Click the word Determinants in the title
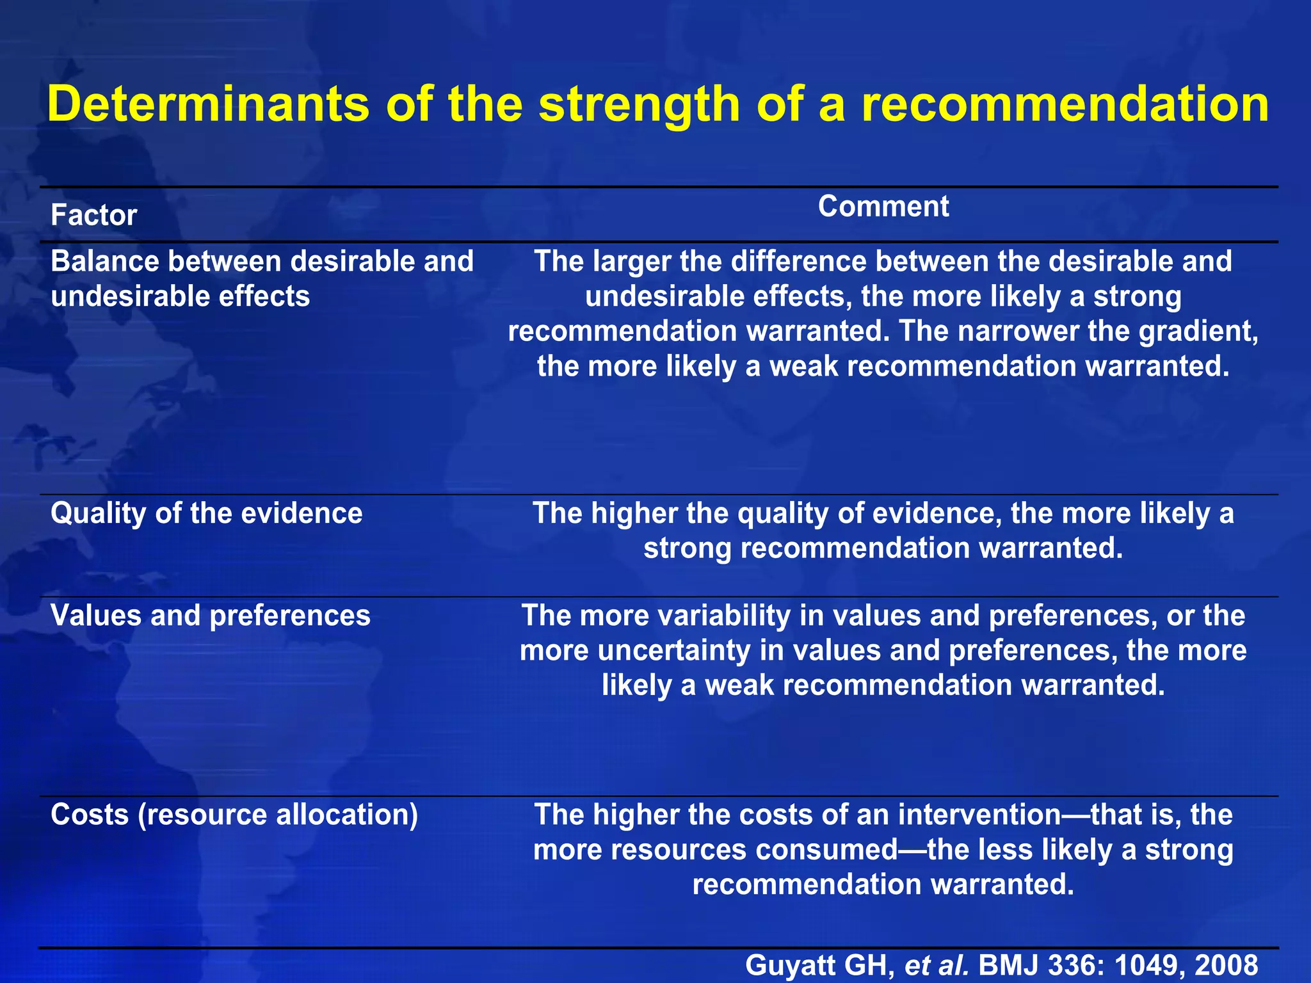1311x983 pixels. tap(209, 104)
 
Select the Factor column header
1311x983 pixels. tap(93, 215)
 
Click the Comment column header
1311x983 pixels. tap(883, 206)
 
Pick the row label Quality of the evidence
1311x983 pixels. tap(206, 513)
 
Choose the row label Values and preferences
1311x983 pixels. tap(210, 616)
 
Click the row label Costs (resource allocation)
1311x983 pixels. tap(234, 815)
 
